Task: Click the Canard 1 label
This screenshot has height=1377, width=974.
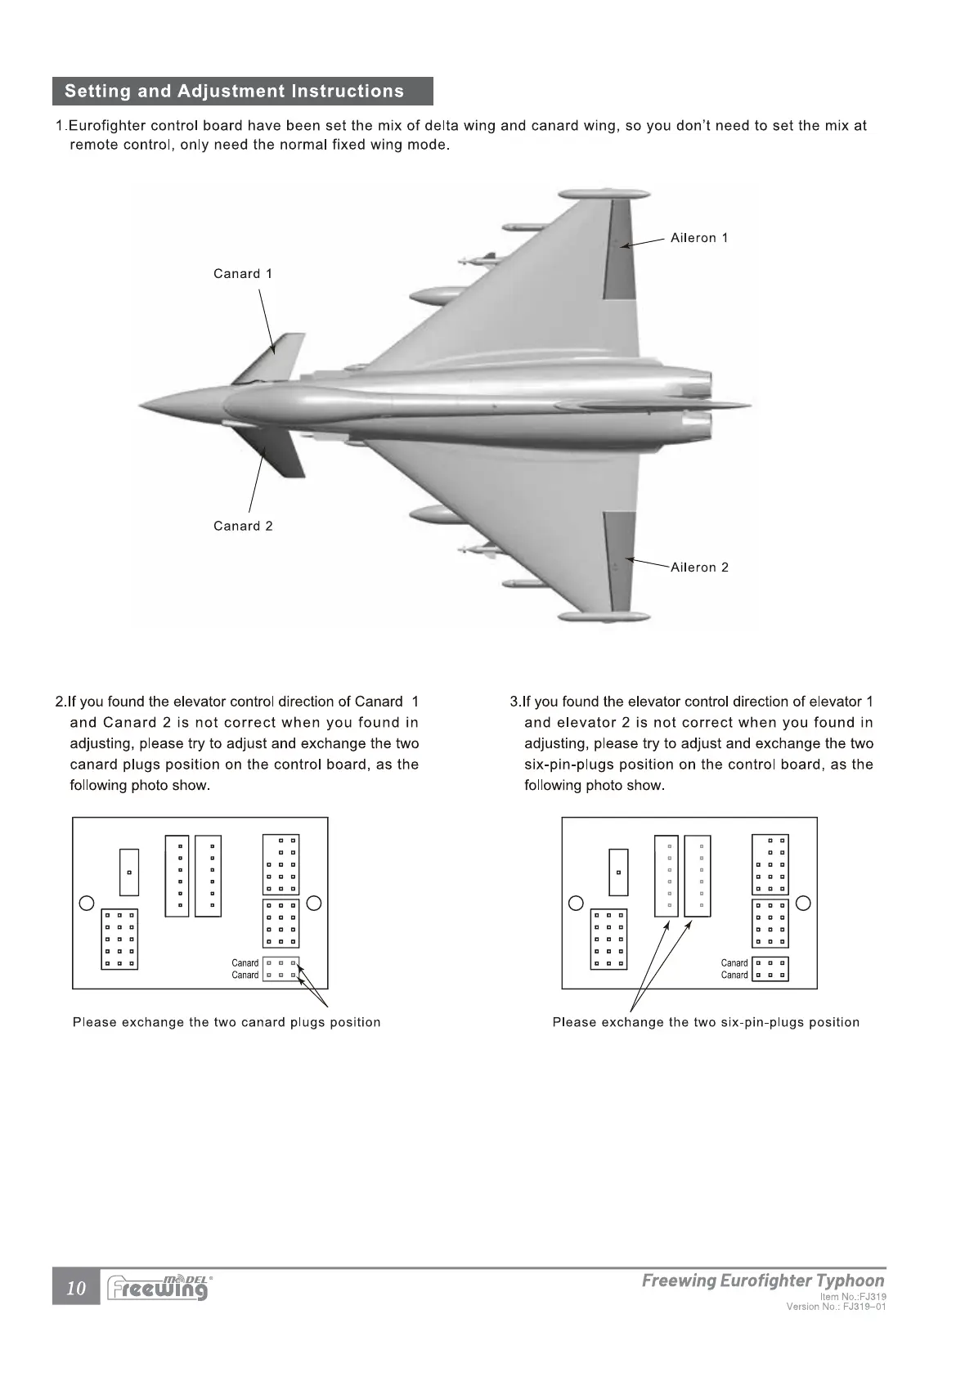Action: pos(242,274)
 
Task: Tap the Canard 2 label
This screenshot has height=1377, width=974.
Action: pos(243,526)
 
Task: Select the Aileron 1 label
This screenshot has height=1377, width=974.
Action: pos(698,238)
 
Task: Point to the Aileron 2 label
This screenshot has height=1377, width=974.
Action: pos(699,567)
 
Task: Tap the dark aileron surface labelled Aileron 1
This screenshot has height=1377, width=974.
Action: pos(619,249)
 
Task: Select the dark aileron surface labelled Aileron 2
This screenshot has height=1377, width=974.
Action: pos(619,560)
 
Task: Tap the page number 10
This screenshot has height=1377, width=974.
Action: pos(76,1289)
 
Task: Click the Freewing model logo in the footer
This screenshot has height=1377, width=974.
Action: pos(158,1288)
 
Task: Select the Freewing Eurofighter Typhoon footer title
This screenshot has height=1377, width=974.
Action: pos(762,1281)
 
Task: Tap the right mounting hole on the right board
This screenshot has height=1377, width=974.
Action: pos(803,903)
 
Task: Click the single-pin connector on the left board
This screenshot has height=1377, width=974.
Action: pos(129,872)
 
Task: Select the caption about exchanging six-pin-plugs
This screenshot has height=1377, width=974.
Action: pos(706,1022)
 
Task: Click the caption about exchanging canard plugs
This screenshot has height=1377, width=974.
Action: pos(227,1022)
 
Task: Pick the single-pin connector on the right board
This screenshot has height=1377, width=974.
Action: pos(618,872)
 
